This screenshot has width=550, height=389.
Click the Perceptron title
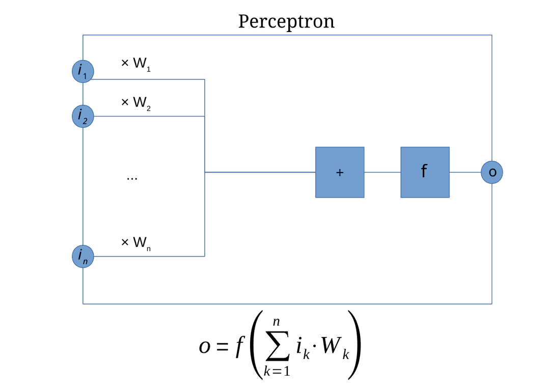pos(286,22)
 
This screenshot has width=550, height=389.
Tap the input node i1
pos(82,71)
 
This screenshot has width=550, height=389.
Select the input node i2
pos(82,116)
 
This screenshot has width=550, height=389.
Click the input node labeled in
pos(82,256)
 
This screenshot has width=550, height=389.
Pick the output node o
pos(492,172)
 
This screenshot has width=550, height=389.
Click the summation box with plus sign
pos(340,172)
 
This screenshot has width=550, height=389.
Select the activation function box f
pos(425,172)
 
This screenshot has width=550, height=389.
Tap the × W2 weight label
pos(135,103)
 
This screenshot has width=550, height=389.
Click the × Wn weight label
pos(135,242)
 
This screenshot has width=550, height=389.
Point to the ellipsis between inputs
pos(132,178)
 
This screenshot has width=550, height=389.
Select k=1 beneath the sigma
pos(277,371)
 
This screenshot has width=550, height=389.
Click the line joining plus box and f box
pos(382,172)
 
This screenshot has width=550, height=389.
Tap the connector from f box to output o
pos(465,172)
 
